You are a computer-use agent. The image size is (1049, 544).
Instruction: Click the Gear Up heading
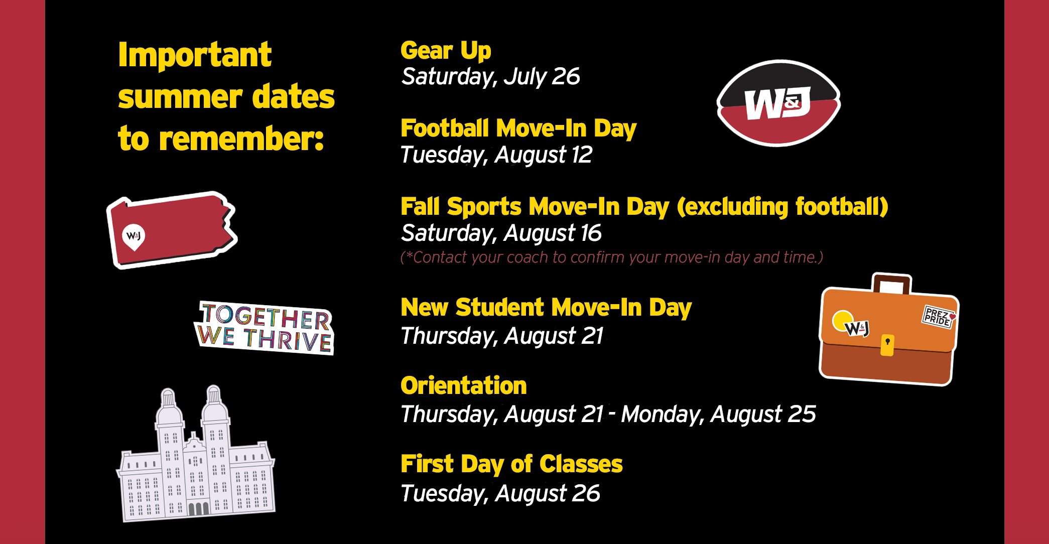point(446,51)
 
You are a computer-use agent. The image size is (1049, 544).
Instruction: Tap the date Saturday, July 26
point(490,77)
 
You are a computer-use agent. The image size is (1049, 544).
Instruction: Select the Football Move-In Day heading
point(518,128)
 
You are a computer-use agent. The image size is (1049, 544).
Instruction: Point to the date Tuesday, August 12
point(496,155)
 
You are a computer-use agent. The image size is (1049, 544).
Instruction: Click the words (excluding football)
point(782,207)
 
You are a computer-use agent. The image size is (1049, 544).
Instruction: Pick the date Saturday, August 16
point(501,233)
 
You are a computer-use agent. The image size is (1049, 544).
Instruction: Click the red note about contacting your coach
point(612,257)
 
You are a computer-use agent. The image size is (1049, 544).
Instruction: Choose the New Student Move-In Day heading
point(546,308)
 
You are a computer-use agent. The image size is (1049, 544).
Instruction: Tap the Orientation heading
point(464,386)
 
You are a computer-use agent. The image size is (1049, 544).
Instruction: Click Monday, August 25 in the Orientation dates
point(718,415)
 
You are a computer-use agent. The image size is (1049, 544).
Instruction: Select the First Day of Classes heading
point(511,464)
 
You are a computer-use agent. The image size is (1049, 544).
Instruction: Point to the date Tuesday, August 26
point(500,494)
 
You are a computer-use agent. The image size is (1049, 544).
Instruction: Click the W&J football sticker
point(778,103)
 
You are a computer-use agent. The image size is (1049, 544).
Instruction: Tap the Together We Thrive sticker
point(265,328)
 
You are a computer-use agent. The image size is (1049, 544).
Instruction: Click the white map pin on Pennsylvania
point(134,236)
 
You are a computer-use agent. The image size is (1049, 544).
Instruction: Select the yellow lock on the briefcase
point(887,345)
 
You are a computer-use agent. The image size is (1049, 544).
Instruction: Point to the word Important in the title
point(195,55)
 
